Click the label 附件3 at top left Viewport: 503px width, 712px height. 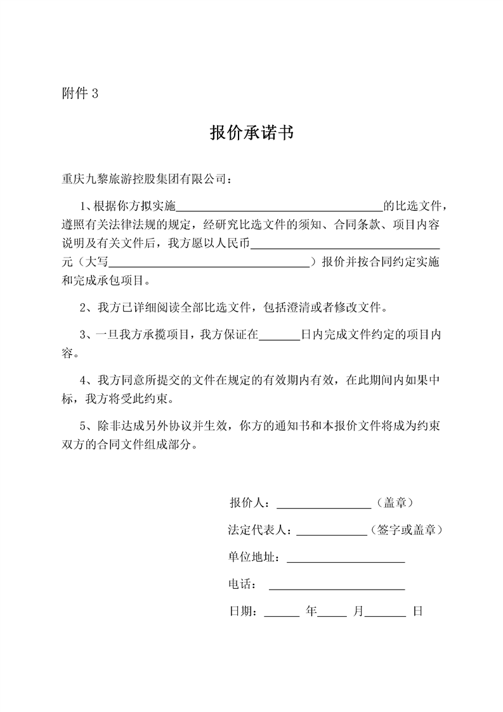(x=80, y=94)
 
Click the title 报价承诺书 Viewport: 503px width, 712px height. (x=251, y=133)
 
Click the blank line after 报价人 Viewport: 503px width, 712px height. (x=323, y=504)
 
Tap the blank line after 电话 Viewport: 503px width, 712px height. (x=337, y=585)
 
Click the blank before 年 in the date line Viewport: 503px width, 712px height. (x=281, y=612)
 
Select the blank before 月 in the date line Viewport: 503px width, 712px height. (x=332, y=612)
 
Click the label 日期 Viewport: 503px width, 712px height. (x=240, y=612)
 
